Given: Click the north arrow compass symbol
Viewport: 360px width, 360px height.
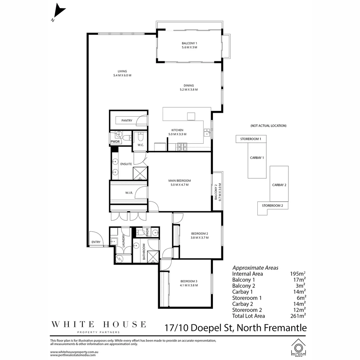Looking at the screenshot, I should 59,12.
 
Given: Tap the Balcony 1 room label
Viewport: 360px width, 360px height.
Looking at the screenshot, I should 189,43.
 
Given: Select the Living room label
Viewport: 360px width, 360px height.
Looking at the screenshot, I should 122,71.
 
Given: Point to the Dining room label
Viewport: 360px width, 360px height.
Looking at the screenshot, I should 189,85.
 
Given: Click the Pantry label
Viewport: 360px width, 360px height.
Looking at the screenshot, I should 127,121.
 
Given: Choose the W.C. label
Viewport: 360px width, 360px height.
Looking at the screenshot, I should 140,145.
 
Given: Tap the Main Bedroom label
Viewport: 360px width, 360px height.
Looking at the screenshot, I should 180,181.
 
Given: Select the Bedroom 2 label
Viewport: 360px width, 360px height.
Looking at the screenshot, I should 200,233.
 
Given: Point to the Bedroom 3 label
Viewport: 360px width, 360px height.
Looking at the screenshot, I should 189,281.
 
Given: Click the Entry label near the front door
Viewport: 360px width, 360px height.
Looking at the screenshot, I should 96,242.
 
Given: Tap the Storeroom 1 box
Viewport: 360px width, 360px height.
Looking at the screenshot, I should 251,139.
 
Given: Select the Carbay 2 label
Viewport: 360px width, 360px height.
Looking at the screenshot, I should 279,185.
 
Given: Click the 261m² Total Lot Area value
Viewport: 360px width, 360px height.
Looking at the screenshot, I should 298,316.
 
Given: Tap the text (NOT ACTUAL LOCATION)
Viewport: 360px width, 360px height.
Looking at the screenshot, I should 268,126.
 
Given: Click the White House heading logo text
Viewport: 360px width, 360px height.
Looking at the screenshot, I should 98,324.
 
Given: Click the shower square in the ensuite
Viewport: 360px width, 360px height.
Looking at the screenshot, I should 140,174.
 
